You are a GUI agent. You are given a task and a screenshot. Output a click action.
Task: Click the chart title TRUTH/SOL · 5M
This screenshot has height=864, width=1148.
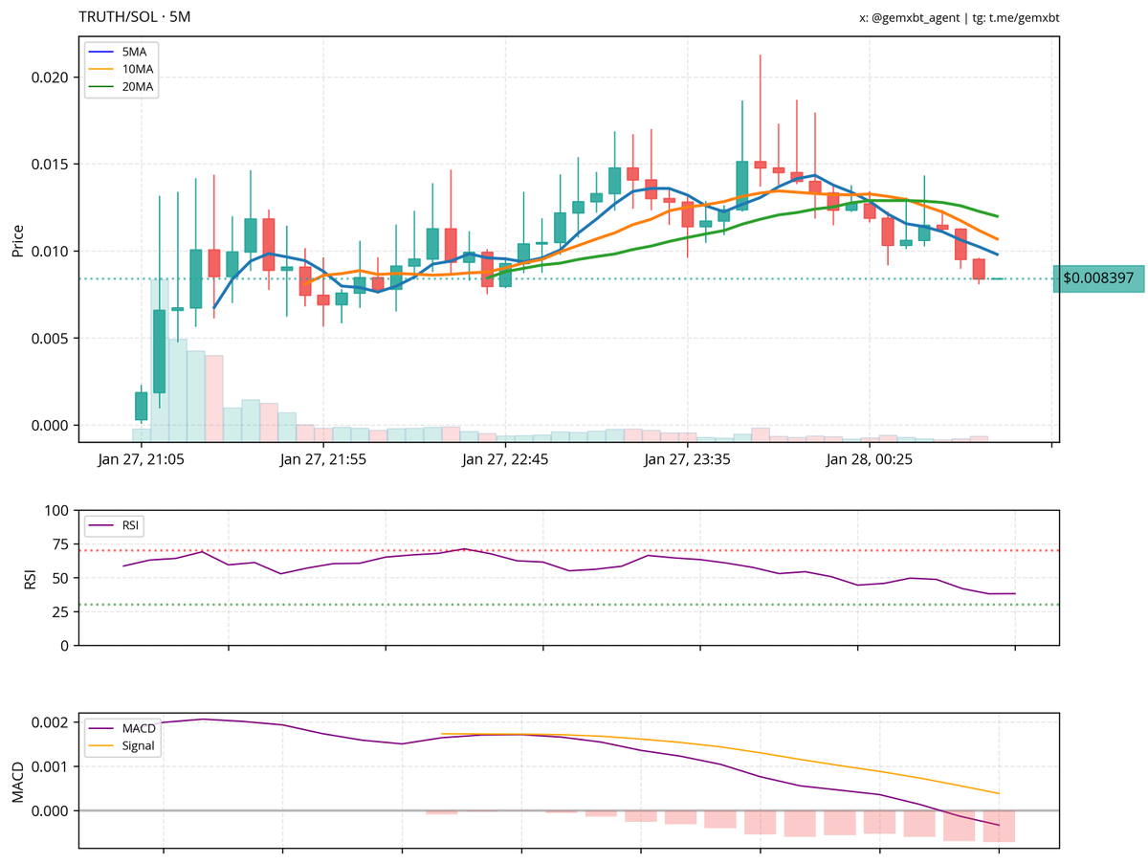(x=134, y=17)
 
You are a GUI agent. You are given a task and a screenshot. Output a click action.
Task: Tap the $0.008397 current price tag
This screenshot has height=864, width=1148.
(x=1098, y=278)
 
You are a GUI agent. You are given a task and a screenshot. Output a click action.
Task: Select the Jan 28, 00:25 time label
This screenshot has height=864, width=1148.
(x=870, y=460)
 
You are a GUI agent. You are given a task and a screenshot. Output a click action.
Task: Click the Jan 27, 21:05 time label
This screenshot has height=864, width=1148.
(x=143, y=460)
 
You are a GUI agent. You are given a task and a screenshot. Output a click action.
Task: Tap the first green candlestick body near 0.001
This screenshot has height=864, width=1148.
(x=142, y=406)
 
